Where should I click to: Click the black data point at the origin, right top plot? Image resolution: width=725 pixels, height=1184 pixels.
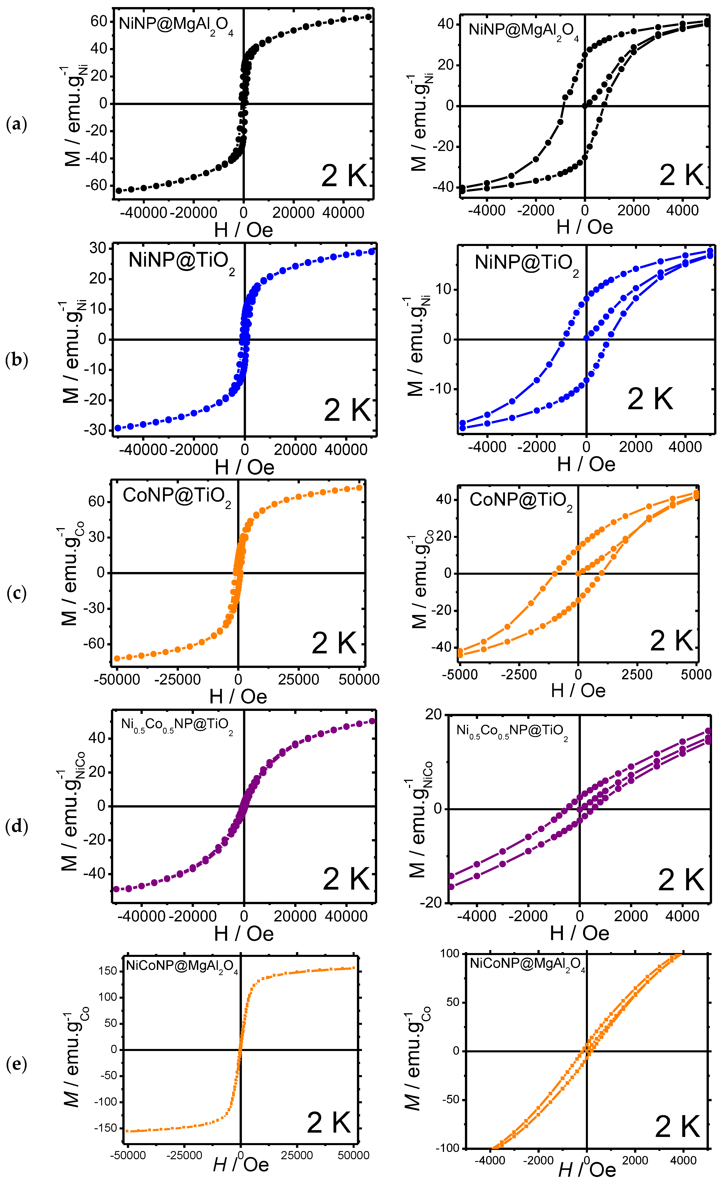click(x=585, y=106)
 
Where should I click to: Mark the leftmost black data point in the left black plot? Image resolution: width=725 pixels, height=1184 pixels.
click(x=119, y=191)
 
